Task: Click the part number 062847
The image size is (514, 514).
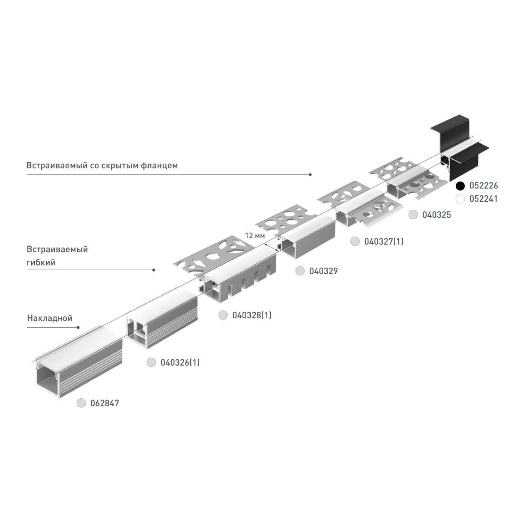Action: (x=105, y=403)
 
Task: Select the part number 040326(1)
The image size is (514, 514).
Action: (x=180, y=362)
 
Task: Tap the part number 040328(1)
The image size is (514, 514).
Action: (x=252, y=316)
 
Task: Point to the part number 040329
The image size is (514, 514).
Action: (x=323, y=271)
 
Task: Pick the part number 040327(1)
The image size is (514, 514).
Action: (x=384, y=242)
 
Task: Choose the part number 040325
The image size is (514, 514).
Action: (x=436, y=215)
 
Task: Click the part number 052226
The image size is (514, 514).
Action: (x=484, y=186)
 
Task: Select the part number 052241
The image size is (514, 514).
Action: (x=484, y=199)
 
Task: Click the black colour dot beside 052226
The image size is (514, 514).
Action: (x=460, y=186)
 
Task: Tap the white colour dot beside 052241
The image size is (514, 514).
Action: (x=460, y=199)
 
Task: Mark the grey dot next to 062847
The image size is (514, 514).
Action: (x=81, y=403)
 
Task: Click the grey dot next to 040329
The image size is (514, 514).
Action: (x=300, y=271)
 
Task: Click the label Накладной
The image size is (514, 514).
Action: (x=50, y=318)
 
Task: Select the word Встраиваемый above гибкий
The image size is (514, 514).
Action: (x=57, y=249)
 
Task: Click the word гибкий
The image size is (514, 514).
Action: (x=41, y=262)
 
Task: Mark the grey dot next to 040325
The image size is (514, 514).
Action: (x=413, y=215)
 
